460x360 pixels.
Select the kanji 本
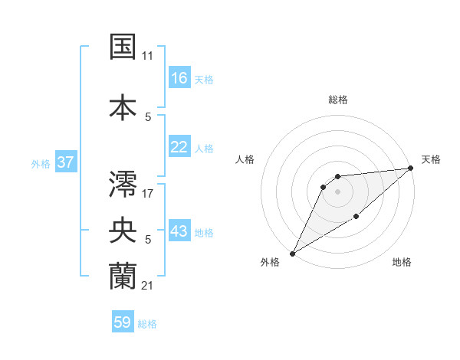123,105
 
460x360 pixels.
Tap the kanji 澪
123,183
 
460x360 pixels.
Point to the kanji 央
123,229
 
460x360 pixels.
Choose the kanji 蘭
123,275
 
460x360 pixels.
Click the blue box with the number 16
179,78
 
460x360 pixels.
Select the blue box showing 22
179,147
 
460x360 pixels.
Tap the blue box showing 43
179,232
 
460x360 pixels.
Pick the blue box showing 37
65,162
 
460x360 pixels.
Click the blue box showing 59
123,322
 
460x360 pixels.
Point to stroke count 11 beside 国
147,56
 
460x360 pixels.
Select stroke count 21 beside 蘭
147,286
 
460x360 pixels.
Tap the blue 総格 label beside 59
148,324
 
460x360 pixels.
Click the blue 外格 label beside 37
40,164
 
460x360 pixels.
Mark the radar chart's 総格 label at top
337,100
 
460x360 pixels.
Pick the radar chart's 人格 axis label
245,159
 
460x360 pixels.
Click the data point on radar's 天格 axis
410,168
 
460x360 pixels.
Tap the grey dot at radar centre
337,192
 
